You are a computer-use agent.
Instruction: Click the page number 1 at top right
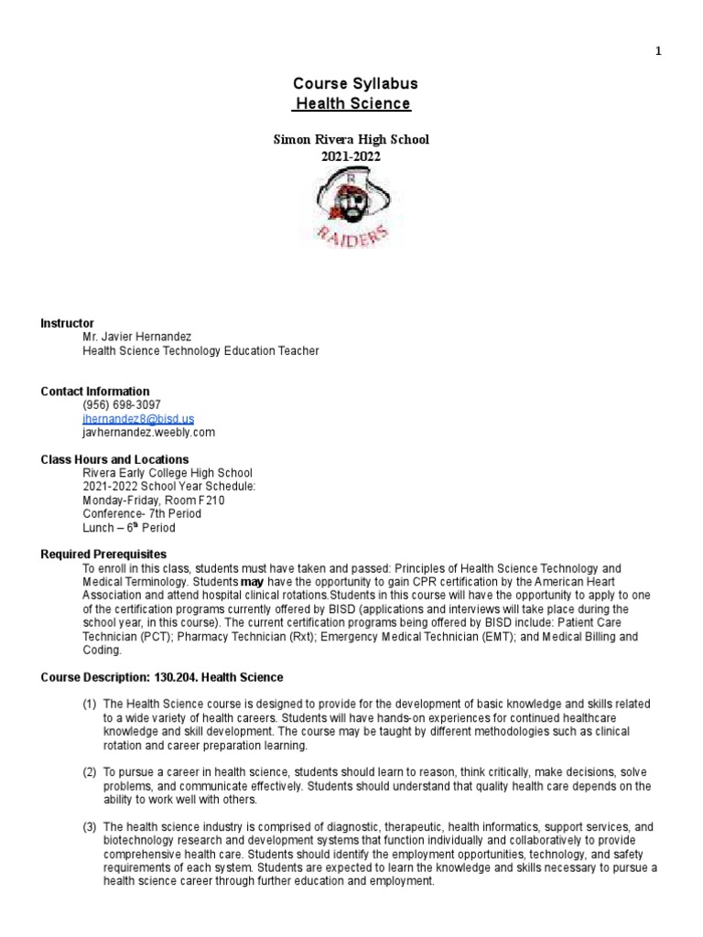[658, 51]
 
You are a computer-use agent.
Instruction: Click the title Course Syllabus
[351, 84]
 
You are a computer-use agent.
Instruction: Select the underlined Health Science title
[351, 104]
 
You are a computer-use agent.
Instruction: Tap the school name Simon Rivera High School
[351, 140]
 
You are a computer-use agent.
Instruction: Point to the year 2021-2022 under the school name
[351, 156]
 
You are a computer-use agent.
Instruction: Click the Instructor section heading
[67, 323]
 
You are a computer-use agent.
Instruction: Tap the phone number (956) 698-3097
[122, 404]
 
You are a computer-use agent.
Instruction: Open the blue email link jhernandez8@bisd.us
[138, 418]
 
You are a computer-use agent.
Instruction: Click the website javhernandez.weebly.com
[148, 432]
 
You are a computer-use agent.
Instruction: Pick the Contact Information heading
[94, 392]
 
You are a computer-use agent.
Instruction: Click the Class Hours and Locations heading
[114, 459]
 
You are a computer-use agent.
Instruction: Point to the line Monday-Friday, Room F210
[153, 501]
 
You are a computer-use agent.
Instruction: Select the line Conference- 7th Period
[141, 514]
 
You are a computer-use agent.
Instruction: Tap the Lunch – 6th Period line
[128, 528]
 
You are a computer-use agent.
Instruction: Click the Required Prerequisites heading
[103, 555]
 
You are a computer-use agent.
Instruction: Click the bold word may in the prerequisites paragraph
[251, 583]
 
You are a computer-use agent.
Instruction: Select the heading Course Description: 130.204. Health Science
[162, 677]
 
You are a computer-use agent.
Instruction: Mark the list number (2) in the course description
[90, 773]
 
